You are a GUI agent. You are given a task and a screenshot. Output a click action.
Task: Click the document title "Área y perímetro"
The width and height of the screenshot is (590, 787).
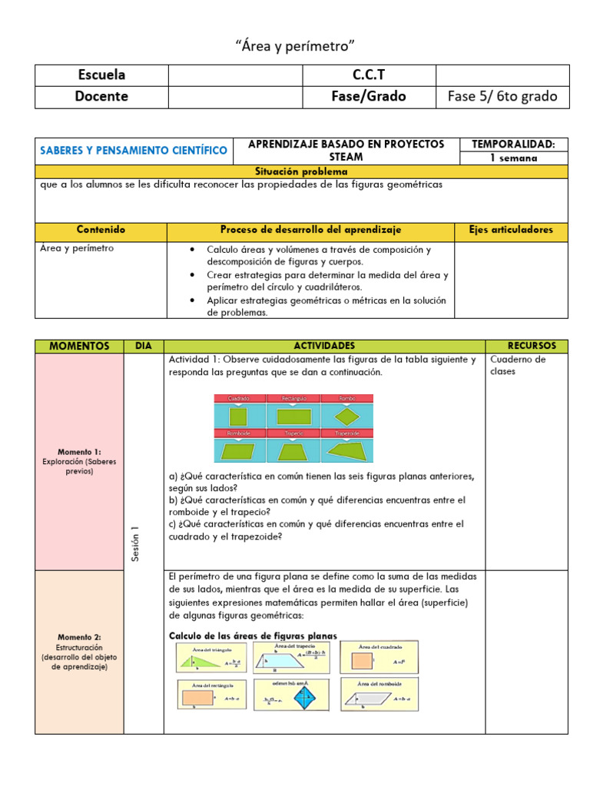(295, 47)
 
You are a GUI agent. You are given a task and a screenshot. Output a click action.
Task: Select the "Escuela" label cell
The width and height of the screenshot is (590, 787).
(101, 75)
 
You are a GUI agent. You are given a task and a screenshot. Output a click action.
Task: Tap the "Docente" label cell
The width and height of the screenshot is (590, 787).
(101, 97)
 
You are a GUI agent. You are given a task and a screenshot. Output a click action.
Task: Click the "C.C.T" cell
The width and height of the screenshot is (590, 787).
(369, 75)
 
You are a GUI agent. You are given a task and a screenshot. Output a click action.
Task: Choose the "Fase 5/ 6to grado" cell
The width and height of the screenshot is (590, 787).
(502, 97)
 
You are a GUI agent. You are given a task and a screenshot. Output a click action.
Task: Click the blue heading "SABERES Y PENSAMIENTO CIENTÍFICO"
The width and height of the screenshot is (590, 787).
(134, 151)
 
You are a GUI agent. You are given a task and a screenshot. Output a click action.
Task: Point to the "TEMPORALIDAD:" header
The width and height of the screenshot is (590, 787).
(513, 144)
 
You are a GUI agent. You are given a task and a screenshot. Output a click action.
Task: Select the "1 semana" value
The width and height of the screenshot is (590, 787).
(513, 158)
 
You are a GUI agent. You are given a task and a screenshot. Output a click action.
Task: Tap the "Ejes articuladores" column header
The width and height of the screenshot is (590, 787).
(511, 231)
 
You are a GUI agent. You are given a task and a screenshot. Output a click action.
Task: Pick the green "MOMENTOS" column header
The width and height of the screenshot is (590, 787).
(79, 347)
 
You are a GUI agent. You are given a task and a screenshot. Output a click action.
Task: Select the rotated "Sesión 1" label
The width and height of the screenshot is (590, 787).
(136, 543)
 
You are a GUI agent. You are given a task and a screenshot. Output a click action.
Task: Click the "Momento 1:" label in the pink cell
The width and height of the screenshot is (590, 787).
(79, 452)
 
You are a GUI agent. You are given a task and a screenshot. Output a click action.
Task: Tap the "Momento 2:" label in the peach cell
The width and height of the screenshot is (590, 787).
(79, 637)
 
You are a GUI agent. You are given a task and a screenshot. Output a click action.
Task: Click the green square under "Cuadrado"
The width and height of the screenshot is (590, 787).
(239, 417)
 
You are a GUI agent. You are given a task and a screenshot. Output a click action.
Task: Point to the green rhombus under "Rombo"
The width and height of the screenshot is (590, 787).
(347, 417)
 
